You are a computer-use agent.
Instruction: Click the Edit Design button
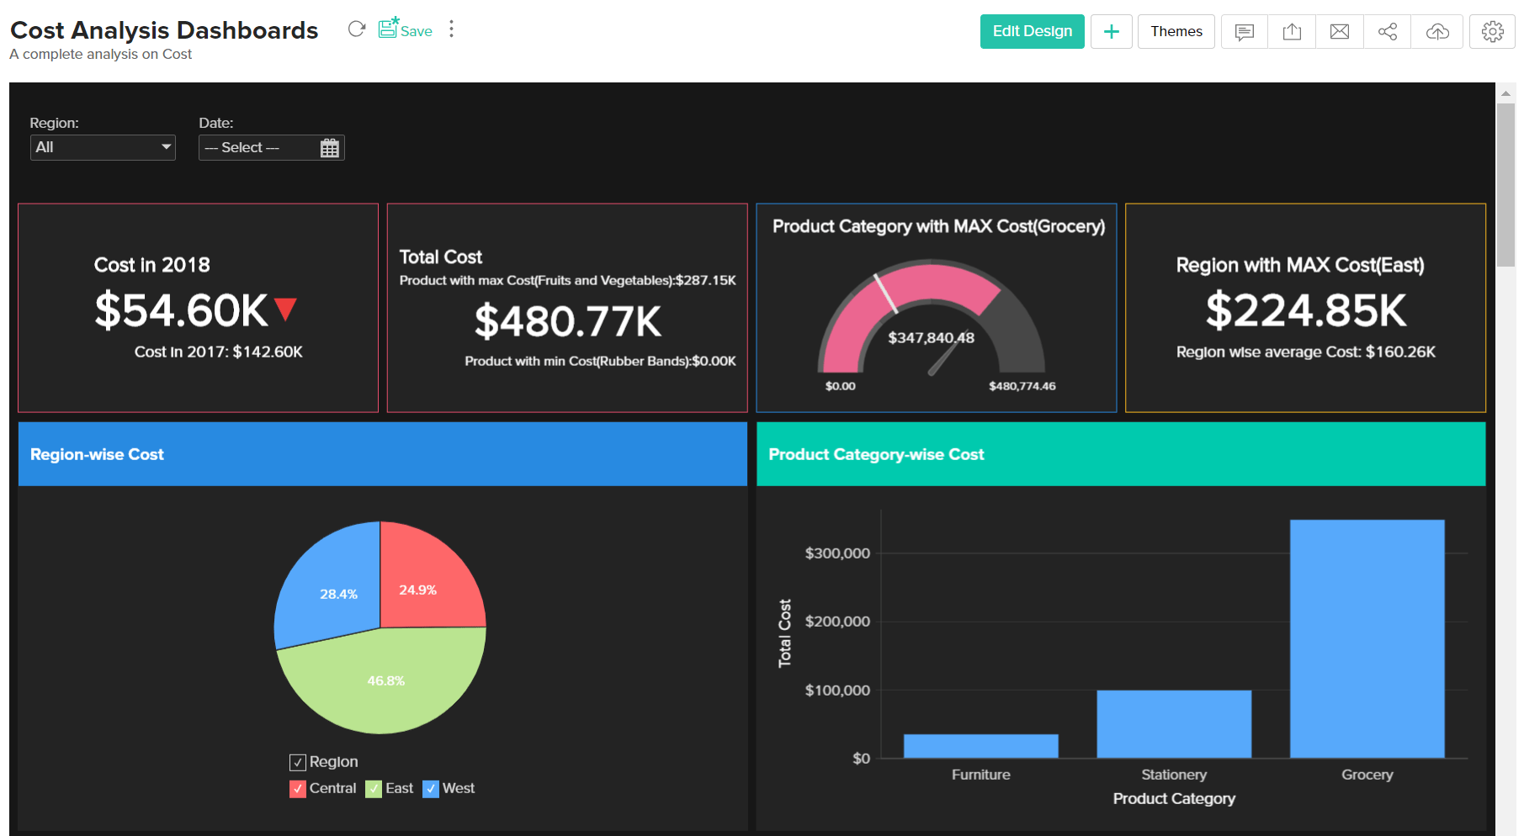1032,31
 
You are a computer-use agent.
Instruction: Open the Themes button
1176,31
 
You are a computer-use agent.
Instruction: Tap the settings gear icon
1492,31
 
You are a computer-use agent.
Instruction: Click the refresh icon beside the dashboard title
356,29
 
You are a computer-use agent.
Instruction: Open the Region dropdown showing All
103,147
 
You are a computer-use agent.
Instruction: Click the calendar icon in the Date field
329,148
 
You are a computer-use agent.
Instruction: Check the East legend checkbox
374,789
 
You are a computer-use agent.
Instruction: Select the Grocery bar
1367,639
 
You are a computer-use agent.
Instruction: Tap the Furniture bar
980,746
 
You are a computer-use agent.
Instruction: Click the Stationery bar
1173,724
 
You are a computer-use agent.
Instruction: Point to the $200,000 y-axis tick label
836,622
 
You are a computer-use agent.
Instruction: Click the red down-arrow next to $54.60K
285,310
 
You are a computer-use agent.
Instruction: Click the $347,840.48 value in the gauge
931,337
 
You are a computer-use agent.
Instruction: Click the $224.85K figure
1305,310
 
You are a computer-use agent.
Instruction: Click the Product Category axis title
1173,798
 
